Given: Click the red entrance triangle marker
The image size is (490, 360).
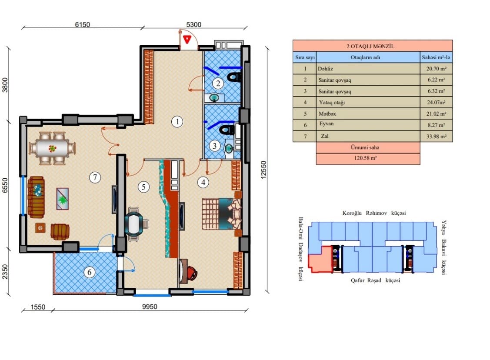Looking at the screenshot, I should (x=187, y=40).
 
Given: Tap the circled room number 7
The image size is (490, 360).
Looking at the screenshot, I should (x=95, y=177).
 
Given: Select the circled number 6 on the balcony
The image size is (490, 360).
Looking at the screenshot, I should (x=89, y=273).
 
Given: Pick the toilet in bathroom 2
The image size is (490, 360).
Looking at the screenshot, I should (x=234, y=77).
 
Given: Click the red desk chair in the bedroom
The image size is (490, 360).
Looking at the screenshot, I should (x=191, y=273).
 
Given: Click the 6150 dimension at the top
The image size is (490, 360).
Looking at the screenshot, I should (x=82, y=25).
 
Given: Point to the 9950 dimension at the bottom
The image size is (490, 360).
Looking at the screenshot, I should (x=149, y=307).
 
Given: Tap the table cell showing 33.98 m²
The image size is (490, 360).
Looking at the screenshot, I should (x=437, y=137).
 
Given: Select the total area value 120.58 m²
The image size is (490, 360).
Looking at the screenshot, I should (x=367, y=159).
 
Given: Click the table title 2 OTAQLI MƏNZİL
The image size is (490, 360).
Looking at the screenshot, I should (x=372, y=46).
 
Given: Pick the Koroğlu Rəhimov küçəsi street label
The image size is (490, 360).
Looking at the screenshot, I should (x=374, y=213).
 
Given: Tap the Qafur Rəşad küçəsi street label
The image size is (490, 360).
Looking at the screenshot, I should (x=375, y=280).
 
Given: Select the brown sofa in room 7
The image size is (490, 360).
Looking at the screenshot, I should (x=36, y=197).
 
